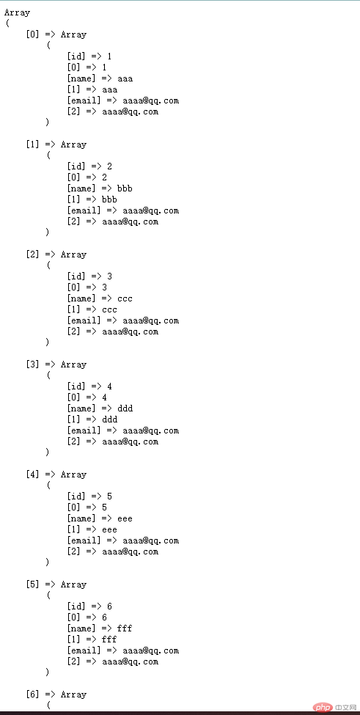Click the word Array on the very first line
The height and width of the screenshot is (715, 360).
pos(17,12)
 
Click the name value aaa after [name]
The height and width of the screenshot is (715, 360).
pos(125,78)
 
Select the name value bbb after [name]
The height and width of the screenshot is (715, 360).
pos(125,188)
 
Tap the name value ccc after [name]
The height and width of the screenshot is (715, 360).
pos(125,298)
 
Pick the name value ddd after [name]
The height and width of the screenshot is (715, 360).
pos(125,408)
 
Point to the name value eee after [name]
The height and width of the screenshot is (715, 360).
pos(125,518)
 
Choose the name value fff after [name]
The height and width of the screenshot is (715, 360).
pos(125,628)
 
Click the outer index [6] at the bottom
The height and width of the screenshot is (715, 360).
pos(33,694)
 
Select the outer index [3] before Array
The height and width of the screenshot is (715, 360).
pos(33,364)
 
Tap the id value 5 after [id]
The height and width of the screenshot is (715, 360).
pos(109,496)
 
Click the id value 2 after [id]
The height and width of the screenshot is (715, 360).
pos(109,166)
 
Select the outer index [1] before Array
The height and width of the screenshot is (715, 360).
pos(33,144)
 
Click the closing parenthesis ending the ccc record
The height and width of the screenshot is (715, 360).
pos(47,342)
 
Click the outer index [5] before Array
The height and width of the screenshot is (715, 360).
pos(33,584)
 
